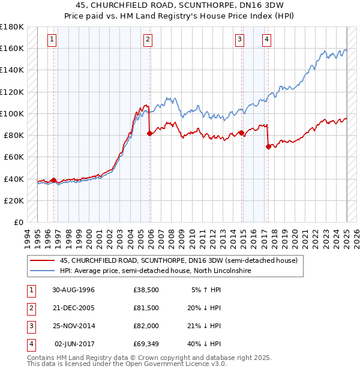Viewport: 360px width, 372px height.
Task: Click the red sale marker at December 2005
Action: [x=150, y=134]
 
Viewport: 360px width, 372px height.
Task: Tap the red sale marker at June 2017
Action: [x=268, y=147]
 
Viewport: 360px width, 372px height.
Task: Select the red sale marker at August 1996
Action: [x=53, y=181]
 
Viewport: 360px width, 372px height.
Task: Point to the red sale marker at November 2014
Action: [x=242, y=133]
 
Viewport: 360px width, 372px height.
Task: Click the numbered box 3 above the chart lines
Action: [x=239, y=40]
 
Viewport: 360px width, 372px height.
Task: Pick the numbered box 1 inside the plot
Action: [x=52, y=40]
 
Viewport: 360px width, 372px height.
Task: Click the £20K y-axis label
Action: [x=14, y=201]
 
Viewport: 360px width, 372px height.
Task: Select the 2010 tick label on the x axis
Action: [x=192, y=239]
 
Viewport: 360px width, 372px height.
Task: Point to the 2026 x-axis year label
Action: [x=356, y=239]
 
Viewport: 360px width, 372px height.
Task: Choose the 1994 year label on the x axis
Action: [x=27, y=239]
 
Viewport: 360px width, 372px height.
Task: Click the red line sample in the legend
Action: [x=42, y=260]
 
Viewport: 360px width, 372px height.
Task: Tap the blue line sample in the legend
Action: [x=42, y=271]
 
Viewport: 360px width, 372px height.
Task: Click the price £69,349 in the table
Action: [x=146, y=344]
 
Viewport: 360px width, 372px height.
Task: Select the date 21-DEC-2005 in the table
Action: [x=74, y=308]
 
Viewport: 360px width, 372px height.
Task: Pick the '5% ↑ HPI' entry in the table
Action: [x=206, y=290]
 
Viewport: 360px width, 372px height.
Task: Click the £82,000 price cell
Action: [x=146, y=326]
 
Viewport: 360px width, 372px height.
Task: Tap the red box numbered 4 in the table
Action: [x=32, y=345]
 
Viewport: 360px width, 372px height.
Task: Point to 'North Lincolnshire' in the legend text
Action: [x=223, y=271]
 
